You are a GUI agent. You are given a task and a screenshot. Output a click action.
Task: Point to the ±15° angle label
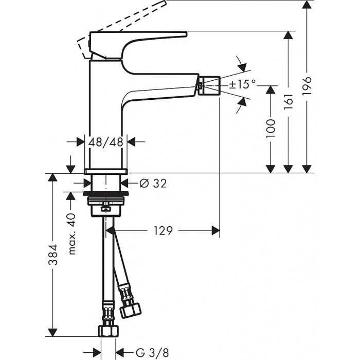click(x=242, y=84)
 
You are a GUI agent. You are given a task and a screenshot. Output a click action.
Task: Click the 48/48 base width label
click(x=105, y=142)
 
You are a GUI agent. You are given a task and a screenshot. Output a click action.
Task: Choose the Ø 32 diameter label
click(x=153, y=182)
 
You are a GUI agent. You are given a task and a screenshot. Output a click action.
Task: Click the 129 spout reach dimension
click(x=163, y=230)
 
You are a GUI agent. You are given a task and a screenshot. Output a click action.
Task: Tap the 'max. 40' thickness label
click(x=71, y=234)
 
